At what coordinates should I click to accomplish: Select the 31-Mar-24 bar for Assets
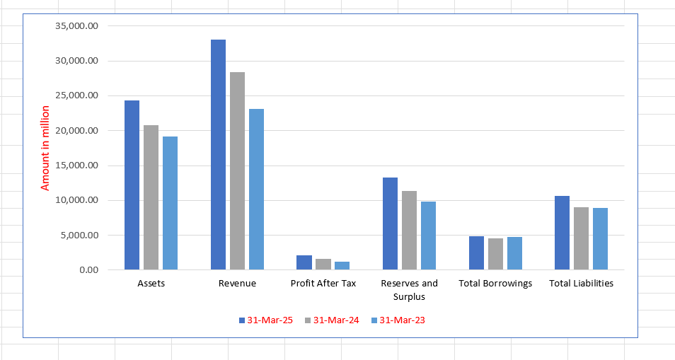click(x=151, y=197)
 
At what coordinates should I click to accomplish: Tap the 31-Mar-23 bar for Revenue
click(x=256, y=189)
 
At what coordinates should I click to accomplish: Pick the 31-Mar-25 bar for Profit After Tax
click(x=304, y=262)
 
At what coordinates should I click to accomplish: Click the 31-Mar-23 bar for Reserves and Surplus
click(x=428, y=236)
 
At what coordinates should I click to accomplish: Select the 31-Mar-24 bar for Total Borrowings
click(x=495, y=254)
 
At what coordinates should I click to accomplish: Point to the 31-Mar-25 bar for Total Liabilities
click(x=562, y=233)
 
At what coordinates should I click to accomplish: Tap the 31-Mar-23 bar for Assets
click(x=170, y=203)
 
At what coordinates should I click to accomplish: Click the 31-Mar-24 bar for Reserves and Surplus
click(x=409, y=231)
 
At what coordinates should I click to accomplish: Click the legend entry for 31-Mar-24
click(x=333, y=320)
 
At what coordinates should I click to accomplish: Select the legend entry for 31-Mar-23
click(x=400, y=320)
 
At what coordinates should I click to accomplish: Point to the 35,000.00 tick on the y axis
click(x=75, y=26)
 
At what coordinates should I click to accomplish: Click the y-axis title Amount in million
click(x=45, y=148)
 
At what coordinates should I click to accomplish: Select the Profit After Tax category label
click(x=323, y=284)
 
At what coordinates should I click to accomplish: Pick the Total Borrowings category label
click(x=495, y=284)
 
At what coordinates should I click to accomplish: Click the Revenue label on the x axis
click(x=237, y=284)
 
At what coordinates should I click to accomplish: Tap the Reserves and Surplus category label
click(x=409, y=289)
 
